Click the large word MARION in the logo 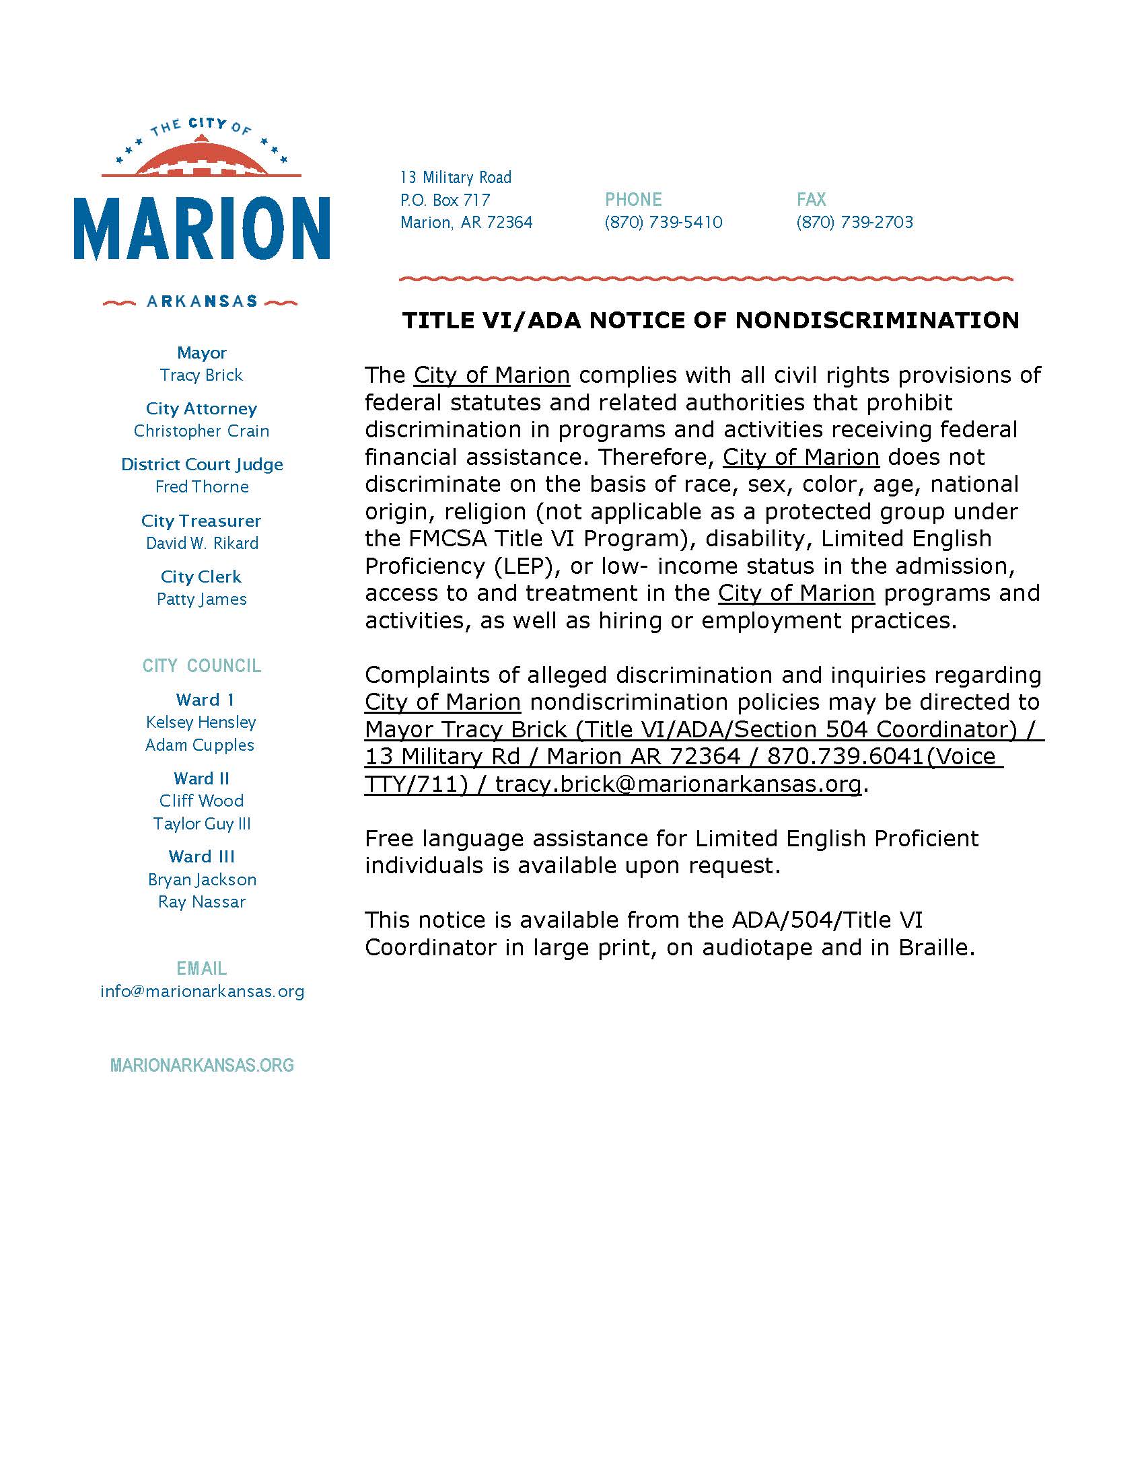point(202,227)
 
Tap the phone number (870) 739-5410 point(664,222)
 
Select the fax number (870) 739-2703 point(855,222)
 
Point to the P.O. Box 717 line point(445,200)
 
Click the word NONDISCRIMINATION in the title point(877,320)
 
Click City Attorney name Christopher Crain point(201,431)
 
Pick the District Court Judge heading point(202,464)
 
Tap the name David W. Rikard point(202,543)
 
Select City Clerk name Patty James point(201,599)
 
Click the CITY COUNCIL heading point(202,665)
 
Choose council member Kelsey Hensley point(201,723)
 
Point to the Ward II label point(201,778)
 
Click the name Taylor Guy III point(201,823)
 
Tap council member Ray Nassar point(201,902)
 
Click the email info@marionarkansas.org point(202,992)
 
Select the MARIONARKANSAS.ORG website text point(202,1066)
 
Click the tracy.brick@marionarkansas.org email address point(678,784)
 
